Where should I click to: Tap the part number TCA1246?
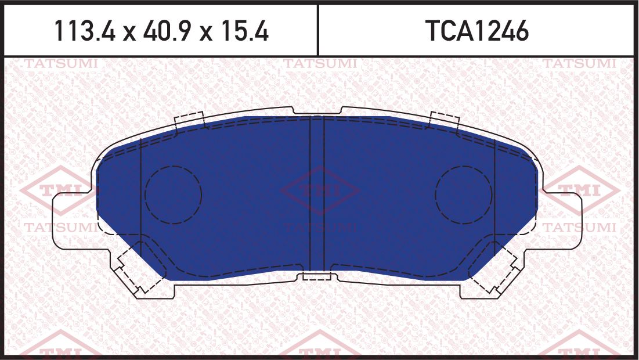pyautogui.click(x=477, y=31)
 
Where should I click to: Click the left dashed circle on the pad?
pyautogui.click(x=173, y=195)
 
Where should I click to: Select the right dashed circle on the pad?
pyautogui.click(x=464, y=195)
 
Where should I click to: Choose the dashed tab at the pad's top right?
pyautogui.click(x=444, y=120)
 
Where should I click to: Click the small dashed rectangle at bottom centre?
pyautogui.click(x=317, y=275)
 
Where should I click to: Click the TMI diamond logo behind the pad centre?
pyautogui.click(x=319, y=190)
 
